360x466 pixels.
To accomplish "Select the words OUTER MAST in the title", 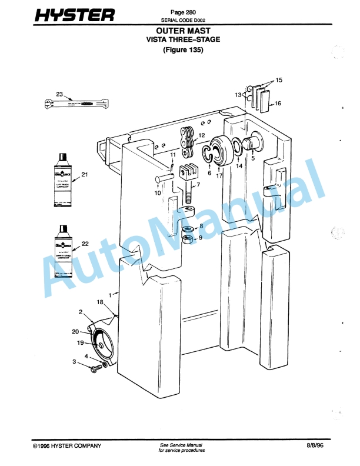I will pyautogui.click(x=183, y=30).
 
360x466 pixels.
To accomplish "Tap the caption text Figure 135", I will pyautogui.click(x=183, y=50).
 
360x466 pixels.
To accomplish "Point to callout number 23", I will pyautogui.click(x=59, y=94).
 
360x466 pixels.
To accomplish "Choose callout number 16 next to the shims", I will pyautogui.click(x=278, y=104).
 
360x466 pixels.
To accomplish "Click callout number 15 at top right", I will pyautogui.click(x=279, y=79).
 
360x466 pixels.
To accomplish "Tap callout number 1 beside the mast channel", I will pyautogui.click(x=109, y=292).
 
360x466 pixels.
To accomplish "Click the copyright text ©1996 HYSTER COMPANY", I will pyautogui.click(x=67, y=445).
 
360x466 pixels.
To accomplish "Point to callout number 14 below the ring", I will pyautogui.click(x=239, y=167).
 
